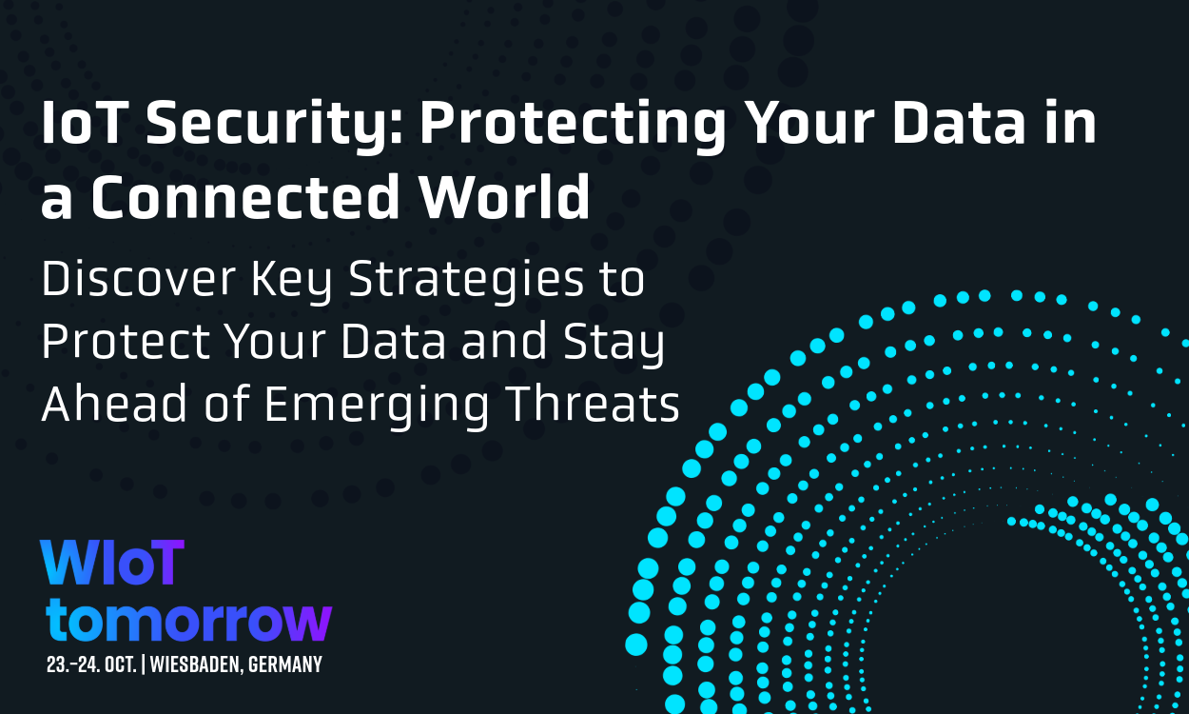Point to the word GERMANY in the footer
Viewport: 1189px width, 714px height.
286,664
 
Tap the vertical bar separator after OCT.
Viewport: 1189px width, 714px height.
143,664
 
